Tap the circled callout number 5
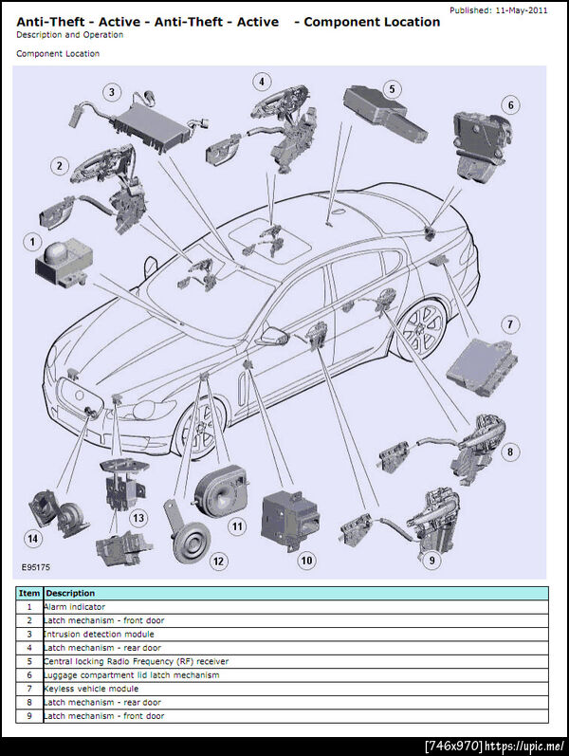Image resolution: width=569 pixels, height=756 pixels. (x=391, y=89)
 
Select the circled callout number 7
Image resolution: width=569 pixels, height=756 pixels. (x=510, y=324)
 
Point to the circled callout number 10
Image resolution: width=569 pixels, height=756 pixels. (x=306, y=560)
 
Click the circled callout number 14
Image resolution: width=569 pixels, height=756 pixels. (x=33, y=539)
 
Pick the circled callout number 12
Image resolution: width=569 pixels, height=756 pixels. (x=219, y=561)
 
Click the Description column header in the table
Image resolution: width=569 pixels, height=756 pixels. (x=70, y=593)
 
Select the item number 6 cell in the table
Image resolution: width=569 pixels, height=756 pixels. (x=29, y=675)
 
